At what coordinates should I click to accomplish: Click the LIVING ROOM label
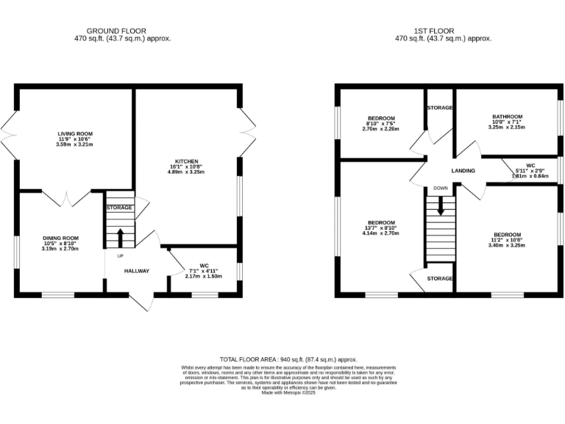tap(76, 133)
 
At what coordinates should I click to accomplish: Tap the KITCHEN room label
tap(187, 160)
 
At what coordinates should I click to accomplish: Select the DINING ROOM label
tap(60, 238)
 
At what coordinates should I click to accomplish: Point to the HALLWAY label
tap(137, 271)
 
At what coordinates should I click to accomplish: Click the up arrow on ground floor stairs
tap(120, 237)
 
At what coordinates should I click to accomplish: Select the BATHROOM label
tap(507, 116)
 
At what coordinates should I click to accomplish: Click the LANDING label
tap(463, 172)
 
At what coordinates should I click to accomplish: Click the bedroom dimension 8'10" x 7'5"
tap(382, 124)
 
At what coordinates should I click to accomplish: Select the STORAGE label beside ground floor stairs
tap(119, 208)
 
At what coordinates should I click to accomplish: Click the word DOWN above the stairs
tap(440, 188)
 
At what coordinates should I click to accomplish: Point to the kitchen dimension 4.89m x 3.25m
tap(187, 173)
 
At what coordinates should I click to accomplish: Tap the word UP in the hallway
tap(119, 255)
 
